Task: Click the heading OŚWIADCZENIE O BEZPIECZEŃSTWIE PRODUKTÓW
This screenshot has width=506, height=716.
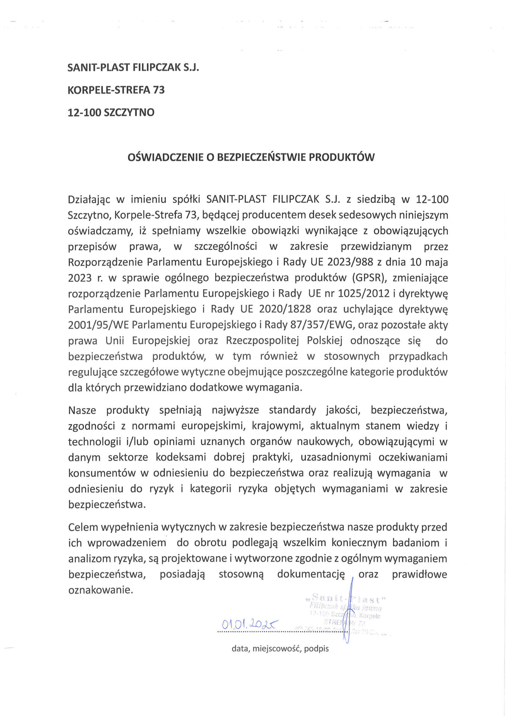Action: pos(251,157)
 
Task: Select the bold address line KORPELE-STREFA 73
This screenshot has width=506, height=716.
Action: pos(116,90)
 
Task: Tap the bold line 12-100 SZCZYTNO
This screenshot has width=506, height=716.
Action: pos(111,112)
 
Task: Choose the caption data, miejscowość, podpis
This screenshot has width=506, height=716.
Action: pos(280,649)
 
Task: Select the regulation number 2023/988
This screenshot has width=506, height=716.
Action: pos(350,262)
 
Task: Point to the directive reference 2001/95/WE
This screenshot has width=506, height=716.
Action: pos(98,325)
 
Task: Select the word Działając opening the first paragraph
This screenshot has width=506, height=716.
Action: pos(89,200)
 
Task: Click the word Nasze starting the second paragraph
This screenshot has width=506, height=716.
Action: pos(82,411)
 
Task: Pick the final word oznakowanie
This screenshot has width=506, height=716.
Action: pos(100,590)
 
